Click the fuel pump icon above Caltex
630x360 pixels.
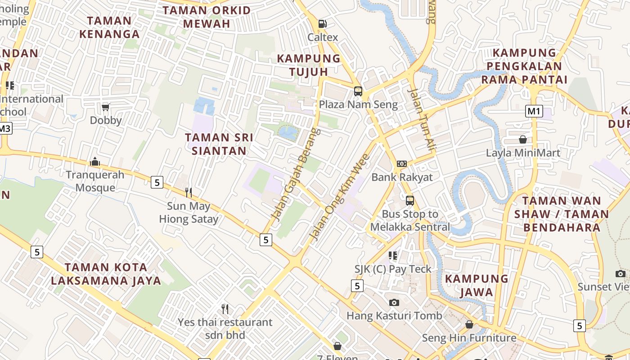point(322,23)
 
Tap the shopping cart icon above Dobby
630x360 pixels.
point(106,107)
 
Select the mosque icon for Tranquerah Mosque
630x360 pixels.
point(95,162)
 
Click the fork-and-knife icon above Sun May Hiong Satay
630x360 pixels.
point(189,193)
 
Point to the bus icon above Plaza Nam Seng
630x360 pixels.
point(358,91)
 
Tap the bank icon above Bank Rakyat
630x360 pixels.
point(401,164)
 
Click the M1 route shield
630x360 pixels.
point(534,111)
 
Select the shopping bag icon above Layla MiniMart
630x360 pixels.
point(523,139)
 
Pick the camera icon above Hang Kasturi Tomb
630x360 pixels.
point(394,302)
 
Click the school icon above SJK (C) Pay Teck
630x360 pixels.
point(393,256)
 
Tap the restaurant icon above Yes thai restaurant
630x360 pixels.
point(225,309)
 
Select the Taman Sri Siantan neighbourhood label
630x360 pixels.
point(219,144)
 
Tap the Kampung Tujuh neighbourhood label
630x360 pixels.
point(309,65)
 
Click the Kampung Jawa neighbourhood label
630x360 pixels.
point(477,285)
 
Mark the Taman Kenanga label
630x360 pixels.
point(109,27)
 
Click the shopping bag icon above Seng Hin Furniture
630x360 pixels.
point(469,324)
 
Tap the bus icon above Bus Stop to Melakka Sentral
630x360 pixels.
point(410,201)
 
